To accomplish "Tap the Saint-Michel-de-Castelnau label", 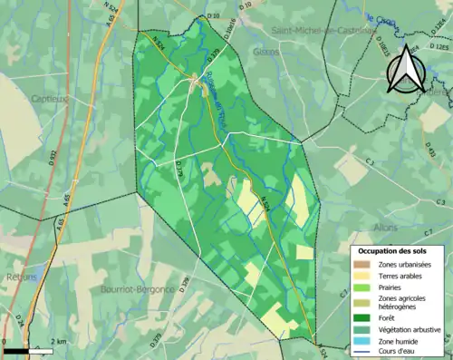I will point(324,30).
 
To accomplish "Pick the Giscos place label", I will point(265,53).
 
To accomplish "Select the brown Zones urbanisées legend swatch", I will point(363,264).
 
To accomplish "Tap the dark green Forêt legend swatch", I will point(363,317).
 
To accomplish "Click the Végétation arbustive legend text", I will point(409,328).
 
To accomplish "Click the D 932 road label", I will point(53,160).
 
